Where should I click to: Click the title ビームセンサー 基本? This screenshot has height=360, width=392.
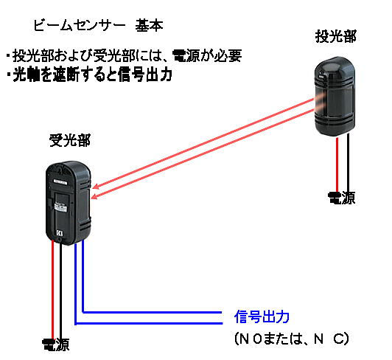coord(98,26)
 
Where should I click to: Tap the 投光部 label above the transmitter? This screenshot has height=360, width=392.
coord(335,37)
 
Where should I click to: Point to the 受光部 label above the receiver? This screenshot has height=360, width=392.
coord(70,140)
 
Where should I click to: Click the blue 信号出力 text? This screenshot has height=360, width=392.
coord(262,316)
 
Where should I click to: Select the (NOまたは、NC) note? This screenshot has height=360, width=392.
coord(292,339)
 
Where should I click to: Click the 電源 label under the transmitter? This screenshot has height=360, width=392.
coord(341,198)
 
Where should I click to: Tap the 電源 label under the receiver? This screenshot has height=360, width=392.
coord(55,345)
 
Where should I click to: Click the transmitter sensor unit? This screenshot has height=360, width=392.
coord(335,97)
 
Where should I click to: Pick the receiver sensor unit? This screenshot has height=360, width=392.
coord(69,203)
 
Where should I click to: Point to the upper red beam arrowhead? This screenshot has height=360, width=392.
coord(96,187)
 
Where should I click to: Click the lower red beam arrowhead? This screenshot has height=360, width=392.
coord(94,197)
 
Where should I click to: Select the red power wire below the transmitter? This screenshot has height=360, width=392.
coord(337,165)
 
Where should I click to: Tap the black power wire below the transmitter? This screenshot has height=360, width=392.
coord(349,163)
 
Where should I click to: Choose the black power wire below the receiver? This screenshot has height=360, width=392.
coord(60,291)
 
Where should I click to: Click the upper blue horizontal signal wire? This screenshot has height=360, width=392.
coord(152,312)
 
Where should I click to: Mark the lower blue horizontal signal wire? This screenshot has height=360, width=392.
coord(149,323)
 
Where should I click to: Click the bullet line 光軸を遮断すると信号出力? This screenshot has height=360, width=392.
coord(89,75)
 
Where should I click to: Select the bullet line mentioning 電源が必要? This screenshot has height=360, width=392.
coord(124,55)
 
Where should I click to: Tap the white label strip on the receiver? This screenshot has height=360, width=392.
coord(60,181)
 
